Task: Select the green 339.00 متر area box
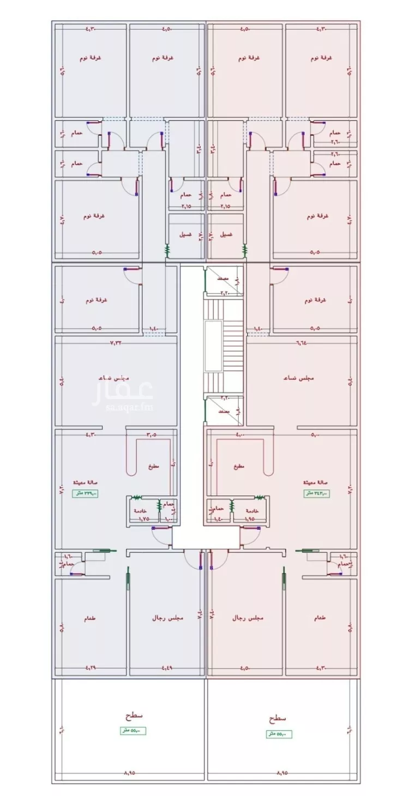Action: [x=86, y=493]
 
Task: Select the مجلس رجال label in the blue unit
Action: [x=167, y=618]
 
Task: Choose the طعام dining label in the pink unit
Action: [x=321, y=618]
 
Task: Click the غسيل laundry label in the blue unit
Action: [x=185, y=234]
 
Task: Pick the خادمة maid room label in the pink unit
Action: [x=252, y=511]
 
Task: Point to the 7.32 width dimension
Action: [x=116, y=343]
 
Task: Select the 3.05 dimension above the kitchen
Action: [x=151, y=435]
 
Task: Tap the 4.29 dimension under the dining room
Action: [x=91, y=667]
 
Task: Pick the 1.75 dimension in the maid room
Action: [x=143, y=520]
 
